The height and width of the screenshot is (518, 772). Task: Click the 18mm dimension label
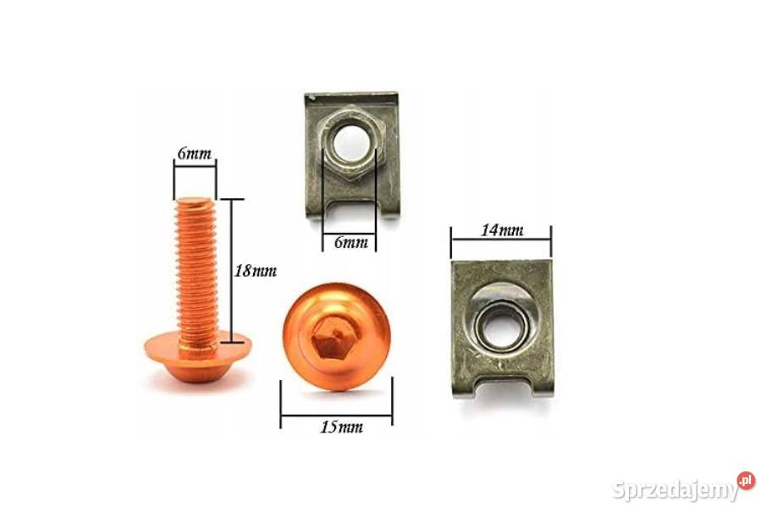tap(255, 271)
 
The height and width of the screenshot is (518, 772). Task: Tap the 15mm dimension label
tap(341, 427)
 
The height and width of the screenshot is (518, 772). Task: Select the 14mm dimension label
tap(502, 230)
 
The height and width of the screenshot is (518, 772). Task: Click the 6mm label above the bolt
tap(195, 154)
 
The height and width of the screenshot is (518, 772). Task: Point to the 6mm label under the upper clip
tap(350, 242)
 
